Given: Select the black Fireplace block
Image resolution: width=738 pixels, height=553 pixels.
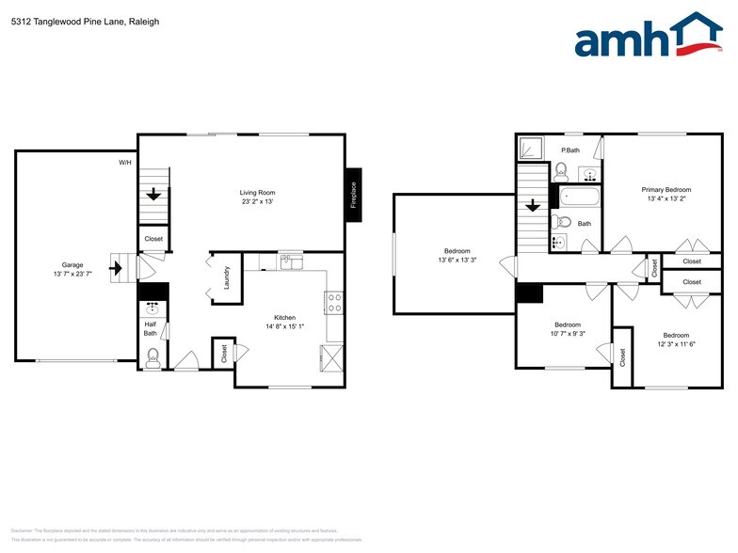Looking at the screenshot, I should click(x=354, y=195).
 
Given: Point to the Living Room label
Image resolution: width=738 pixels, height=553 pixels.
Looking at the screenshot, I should click(x=256, y=193).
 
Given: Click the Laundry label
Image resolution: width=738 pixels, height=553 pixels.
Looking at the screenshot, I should click(x=226, y=277).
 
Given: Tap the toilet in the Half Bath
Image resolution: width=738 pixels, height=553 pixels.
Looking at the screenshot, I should click(x=152, y=356).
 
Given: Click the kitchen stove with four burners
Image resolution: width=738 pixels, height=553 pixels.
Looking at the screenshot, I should click(x=334, y=302).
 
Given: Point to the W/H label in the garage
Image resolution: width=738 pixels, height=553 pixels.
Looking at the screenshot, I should click(x=125, y=163).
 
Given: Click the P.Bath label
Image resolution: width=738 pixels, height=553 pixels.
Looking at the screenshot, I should click(x=570, y=150).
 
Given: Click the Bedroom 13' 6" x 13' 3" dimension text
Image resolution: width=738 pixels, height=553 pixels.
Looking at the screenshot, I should click(x=457, y=260).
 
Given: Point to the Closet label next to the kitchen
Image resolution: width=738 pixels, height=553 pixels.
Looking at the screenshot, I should click(x=224, y=354).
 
